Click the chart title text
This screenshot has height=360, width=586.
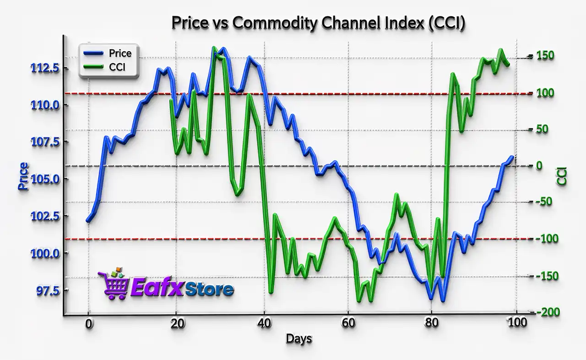pos(318,23)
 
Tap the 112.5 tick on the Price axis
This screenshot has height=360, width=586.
pos(44,69)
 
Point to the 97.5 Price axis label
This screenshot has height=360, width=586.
pos(44,290)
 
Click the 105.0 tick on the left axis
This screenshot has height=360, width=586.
pos(44,179)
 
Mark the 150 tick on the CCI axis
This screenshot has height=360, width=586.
pos(546,55)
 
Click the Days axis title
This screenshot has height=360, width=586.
pos(299,339)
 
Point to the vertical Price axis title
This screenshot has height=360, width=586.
pos(23,176)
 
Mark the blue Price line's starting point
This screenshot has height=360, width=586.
pos(87,221)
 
